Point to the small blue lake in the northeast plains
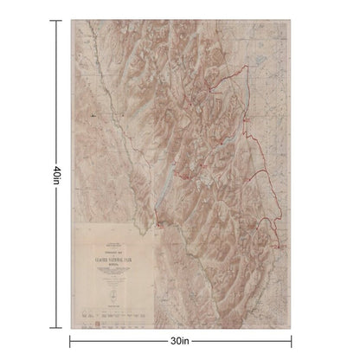(260, 62)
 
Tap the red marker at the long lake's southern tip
(160, 227)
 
